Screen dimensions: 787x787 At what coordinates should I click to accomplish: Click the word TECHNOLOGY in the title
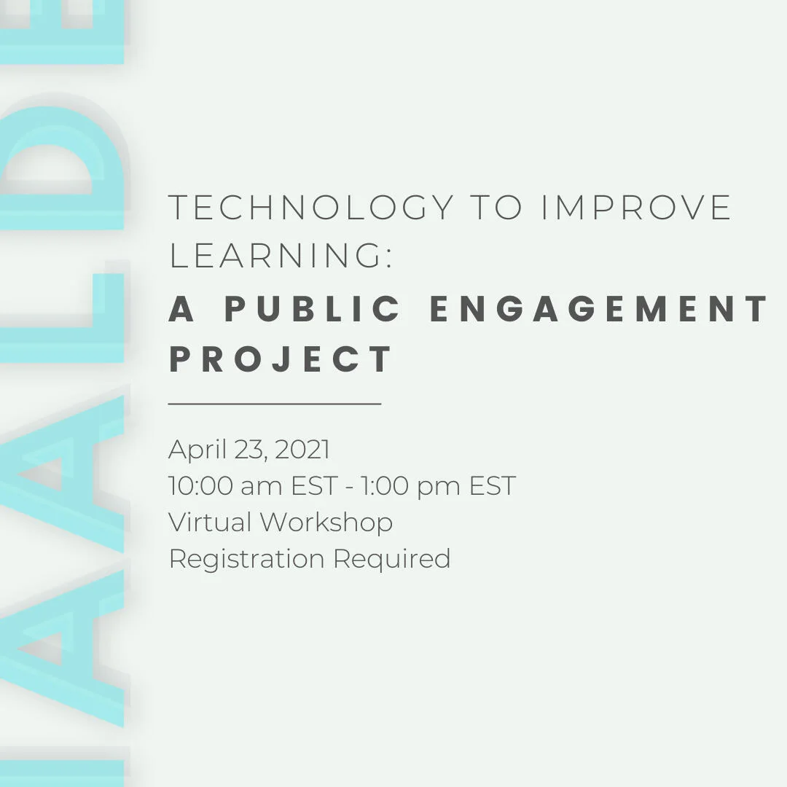(311, 207)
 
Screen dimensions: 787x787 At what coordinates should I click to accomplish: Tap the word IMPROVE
(636, 207)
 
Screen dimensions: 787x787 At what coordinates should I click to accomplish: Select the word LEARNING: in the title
(280, 255)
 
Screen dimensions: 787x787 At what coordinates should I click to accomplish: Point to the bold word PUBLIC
(312, 308)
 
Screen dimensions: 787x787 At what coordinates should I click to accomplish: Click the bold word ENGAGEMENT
(599, 308)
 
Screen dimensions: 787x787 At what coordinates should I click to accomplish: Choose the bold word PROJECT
(281, 359)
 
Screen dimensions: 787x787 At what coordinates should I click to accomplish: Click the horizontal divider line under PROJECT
(275, 403)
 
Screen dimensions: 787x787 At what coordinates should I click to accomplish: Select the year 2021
(302, 449)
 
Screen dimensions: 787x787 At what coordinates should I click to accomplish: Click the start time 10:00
(201, 486)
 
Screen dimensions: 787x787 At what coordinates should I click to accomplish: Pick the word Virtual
(210, 522)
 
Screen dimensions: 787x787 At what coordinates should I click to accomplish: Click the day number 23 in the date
(251, 450)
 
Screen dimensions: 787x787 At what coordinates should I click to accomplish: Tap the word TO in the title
(496, 207)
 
